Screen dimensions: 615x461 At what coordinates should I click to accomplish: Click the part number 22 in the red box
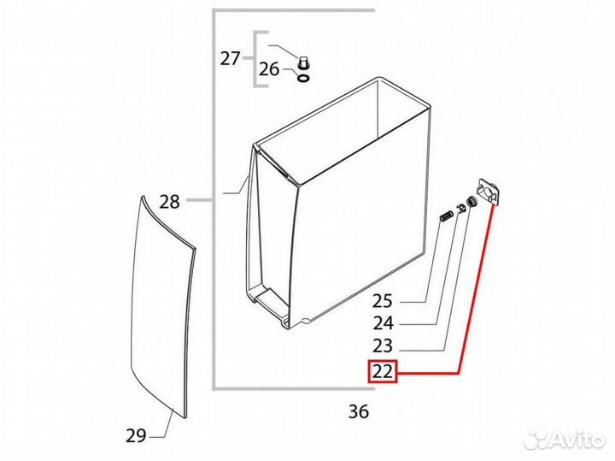coord(382,371)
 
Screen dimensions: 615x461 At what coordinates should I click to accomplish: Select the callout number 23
coord(383,346)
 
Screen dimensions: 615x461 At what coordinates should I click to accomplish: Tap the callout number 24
coord(383,323)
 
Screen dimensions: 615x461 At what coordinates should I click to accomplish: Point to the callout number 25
coord(383,301)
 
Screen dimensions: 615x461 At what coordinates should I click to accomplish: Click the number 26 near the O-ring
coord(269,69)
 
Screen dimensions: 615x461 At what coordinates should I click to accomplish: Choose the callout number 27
coord(230,59)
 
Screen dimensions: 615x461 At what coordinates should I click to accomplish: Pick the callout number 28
coord(169,202)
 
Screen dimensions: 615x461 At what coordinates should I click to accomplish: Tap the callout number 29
coord(136,435)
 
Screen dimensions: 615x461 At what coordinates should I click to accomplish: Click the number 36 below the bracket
coord(359,411)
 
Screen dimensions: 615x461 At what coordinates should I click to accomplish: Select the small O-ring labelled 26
coord(303,79)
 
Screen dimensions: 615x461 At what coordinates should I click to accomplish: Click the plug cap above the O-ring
coord(302,62)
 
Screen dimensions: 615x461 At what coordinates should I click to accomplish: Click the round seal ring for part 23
coord(470,202)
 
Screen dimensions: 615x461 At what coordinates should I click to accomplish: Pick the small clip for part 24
coord(460,208)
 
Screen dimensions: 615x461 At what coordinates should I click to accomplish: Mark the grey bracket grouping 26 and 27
coord(255,59)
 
